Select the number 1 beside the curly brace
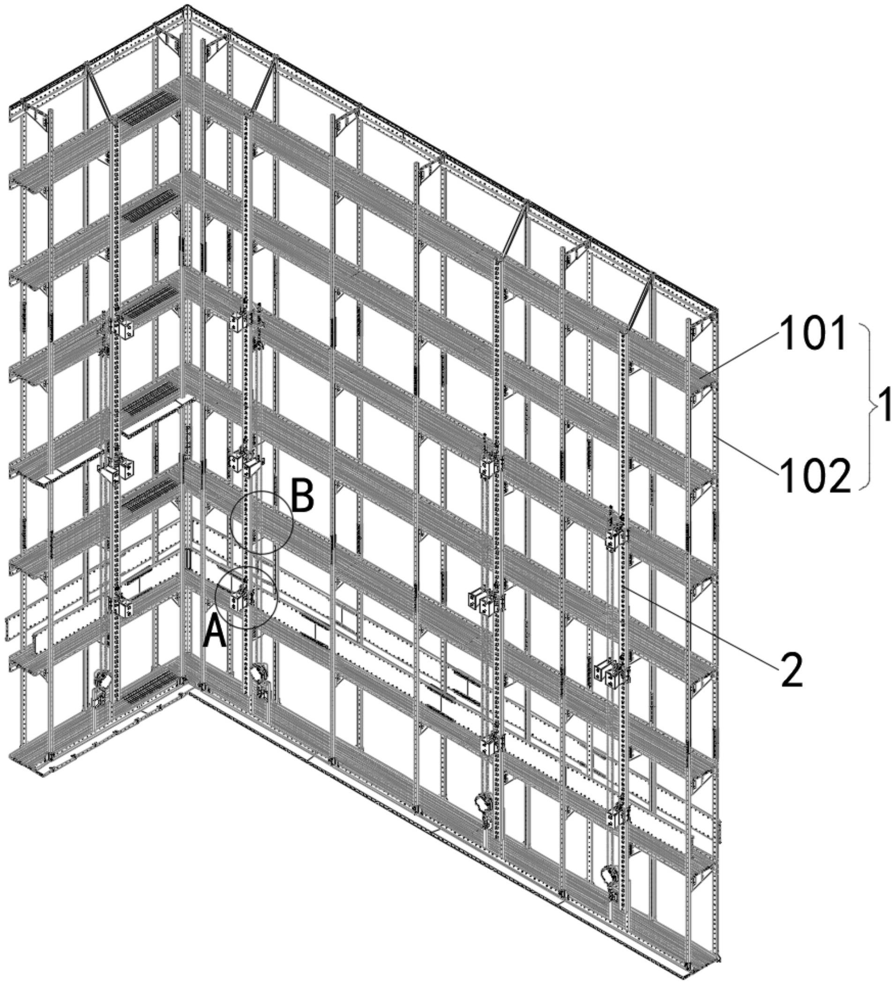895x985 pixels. pos(884,405)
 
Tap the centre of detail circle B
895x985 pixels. pos(262,523)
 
